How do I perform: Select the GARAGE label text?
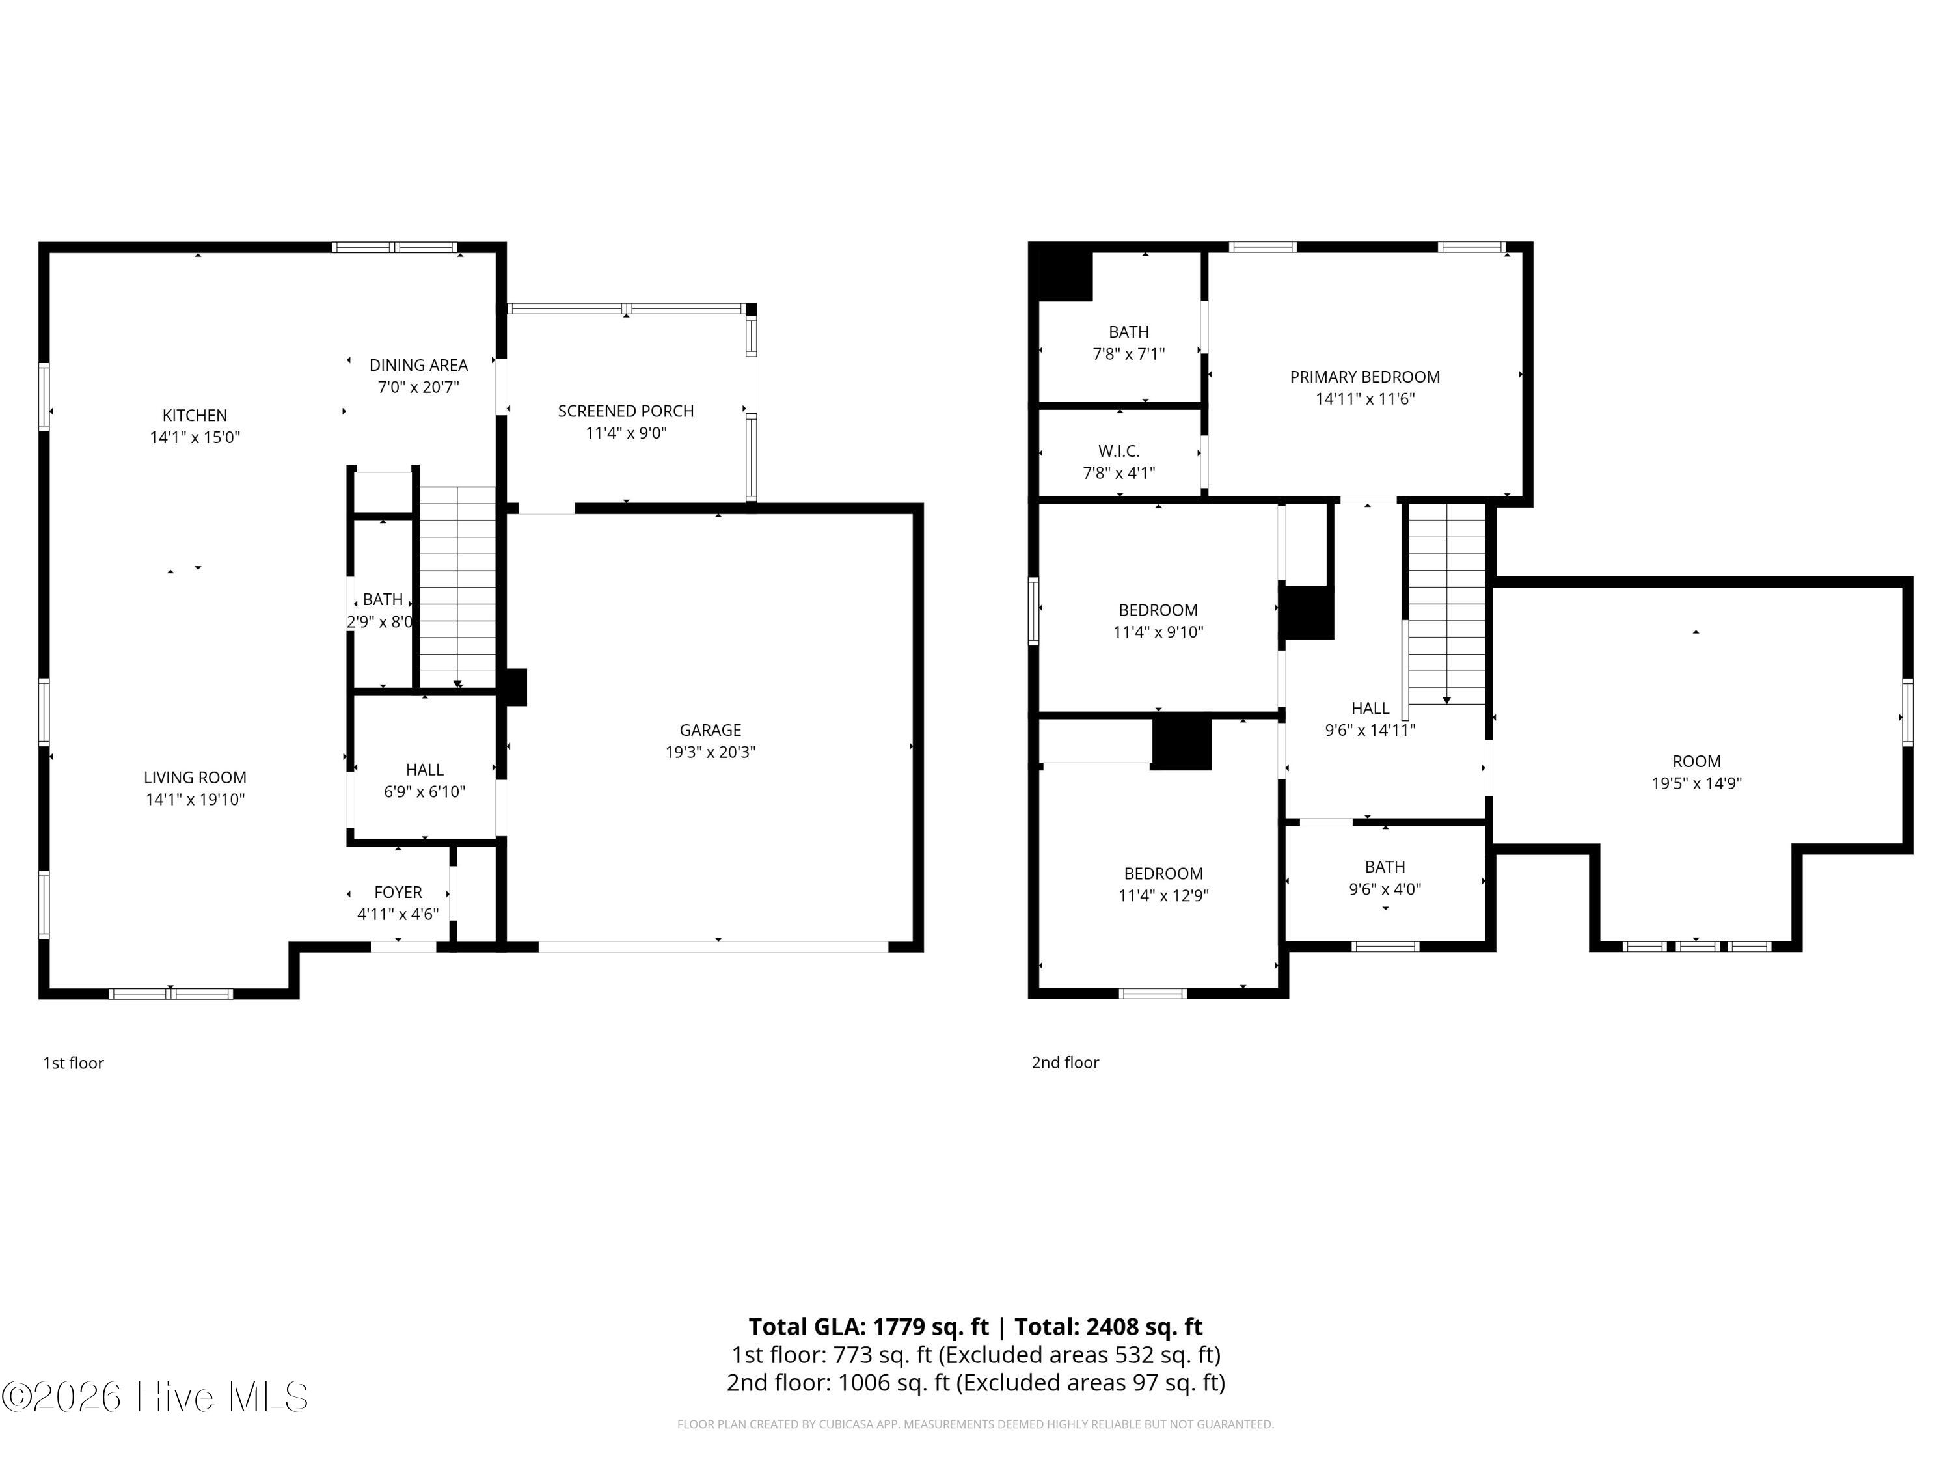pyautogui.click(x=711, y=730)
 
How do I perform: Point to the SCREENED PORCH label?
pyautogui.click(x=626, y=411)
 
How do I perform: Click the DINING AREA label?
pyautogui.click(x=418, y=364)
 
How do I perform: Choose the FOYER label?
pyautogui.click(x=398, y=892)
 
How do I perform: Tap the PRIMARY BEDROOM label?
pyautogui.click(x=1365, y=377)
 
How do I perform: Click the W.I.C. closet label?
pyautogui.click(x=1119, y=451)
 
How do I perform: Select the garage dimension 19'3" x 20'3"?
pyautogui.click(x=711, y=752)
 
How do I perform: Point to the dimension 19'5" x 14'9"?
pyautogui.click(x=1697, y=783)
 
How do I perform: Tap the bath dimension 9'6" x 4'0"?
pyautogui.click(x=1385, y=889)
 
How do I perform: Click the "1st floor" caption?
pyautogui.click(x=74, y=1063)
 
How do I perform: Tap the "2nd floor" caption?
pyautogui.click(x=1065, y=1063)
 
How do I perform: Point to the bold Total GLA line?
pyautogui.click(x=976, y=1326)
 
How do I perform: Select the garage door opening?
pyautogui.click(x=713, y=947)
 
